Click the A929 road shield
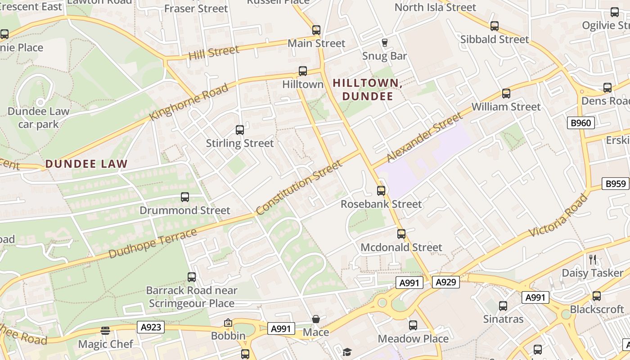click(x=446, y=283)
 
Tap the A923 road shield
click(x=151, y=327)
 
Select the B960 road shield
click(x=580, y=123)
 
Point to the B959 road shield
click(x=615, y=184)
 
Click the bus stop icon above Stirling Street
click(x=240, y=130)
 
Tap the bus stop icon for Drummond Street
click(x=185, y=197)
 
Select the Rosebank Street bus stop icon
click(x=381, y=190)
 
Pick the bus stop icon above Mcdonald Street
click(x=401, y=234)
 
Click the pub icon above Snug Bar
click(x=384, y=43)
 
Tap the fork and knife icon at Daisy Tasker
click(x=593, y=259)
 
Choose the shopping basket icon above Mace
click(x=316, y=319)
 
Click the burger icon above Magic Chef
click(x=105, y=331)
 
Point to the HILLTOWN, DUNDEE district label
click(x=367, y=90)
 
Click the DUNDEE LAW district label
click(x=86, y=164)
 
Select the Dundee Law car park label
click(x=38, y=117)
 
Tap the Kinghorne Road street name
click(x=189, y=102)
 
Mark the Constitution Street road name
click(x=299, y=188)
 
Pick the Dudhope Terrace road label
click(x=153, y=243)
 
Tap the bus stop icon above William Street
click(x=506, y=94)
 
